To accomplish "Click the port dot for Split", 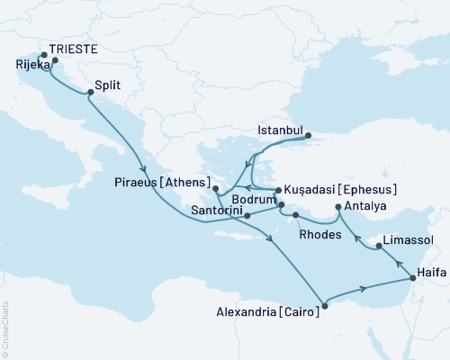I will coord(90,92).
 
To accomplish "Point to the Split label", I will coord(109,85).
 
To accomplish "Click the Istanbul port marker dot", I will coord(310,138).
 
